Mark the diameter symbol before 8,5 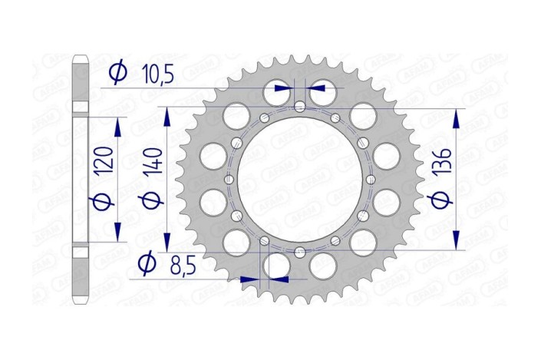point(147,265)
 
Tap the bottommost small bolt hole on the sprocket point(300,253)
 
